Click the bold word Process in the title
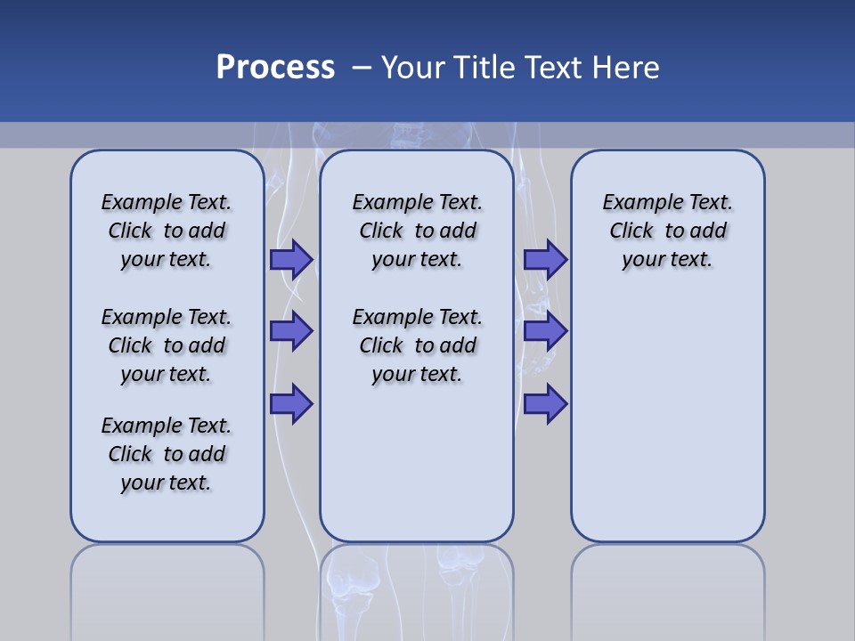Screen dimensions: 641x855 (275, 68)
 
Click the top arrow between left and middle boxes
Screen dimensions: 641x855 (291, 260)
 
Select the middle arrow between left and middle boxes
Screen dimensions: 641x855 (291, 331)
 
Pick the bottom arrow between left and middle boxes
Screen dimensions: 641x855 (291, 404)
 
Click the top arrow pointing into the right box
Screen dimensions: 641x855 (545, 260)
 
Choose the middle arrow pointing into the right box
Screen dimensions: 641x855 (545, 331)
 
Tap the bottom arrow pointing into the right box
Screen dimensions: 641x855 (545, 404)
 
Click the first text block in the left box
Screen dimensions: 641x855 (167, 231)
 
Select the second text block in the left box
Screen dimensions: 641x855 (167, 345)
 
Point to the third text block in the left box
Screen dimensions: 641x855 (167, 454)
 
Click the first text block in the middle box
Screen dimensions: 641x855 (417, 231)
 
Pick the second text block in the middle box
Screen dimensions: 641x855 (417, 345)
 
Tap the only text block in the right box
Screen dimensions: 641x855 (667, 231)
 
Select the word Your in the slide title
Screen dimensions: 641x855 (413, 68)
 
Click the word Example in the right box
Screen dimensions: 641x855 (640, 203)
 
